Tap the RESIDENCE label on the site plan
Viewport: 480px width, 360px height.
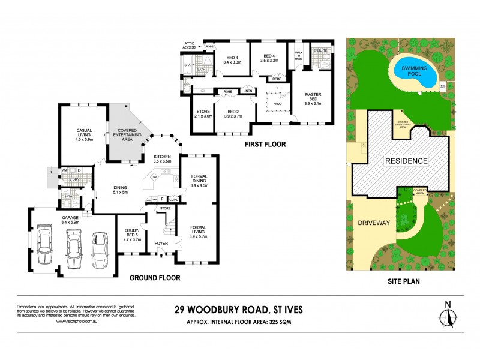point(402,161)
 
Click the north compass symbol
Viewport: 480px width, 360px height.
point(447,315)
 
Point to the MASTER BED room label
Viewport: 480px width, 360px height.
point(313,98)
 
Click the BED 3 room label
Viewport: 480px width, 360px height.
point(232,59)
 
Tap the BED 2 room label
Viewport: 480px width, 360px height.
point(233,113)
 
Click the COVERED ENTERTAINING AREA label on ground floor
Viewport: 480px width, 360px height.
point(127,134)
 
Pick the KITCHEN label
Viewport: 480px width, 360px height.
point(162,158)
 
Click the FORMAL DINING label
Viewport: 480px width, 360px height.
point(199,181)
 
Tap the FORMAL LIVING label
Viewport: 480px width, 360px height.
point(199,230)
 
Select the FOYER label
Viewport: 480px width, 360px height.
point(161,244)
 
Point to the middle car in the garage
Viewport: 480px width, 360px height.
point(73,247)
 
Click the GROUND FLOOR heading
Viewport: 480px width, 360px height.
point(155,278)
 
